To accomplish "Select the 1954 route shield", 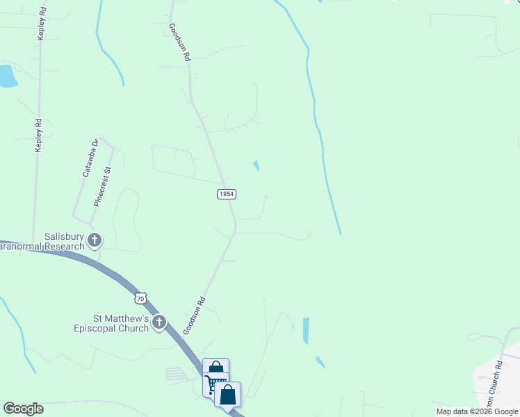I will coord(226,194).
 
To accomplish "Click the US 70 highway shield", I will coord(141,298).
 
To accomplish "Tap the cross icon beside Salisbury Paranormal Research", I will coord(94,241).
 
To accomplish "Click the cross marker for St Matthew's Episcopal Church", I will coord(160,322).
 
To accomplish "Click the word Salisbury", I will coord(64,236).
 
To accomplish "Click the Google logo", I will coord(23,409).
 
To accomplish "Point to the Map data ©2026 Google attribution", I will coord(478,411).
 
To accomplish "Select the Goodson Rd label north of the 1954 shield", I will coord(180,43).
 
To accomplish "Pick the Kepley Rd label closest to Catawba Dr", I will coord(40,135).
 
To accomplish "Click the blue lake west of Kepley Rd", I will coord(6,76).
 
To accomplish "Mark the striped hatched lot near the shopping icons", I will coord(177,374).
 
